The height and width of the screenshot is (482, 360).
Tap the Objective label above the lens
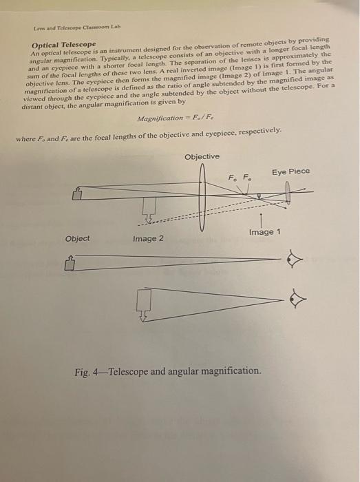pyautogui.click(x=202, y=157)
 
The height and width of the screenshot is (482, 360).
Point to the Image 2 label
pyautogui.click(x=148, y=238)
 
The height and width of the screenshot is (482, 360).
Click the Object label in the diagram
pyautogui.click(x=77, y=238)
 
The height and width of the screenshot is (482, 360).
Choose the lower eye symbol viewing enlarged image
pyautogui.click(x=298, y=300)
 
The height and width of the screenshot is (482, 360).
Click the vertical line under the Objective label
pyautogui.click(x=202, y=169)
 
